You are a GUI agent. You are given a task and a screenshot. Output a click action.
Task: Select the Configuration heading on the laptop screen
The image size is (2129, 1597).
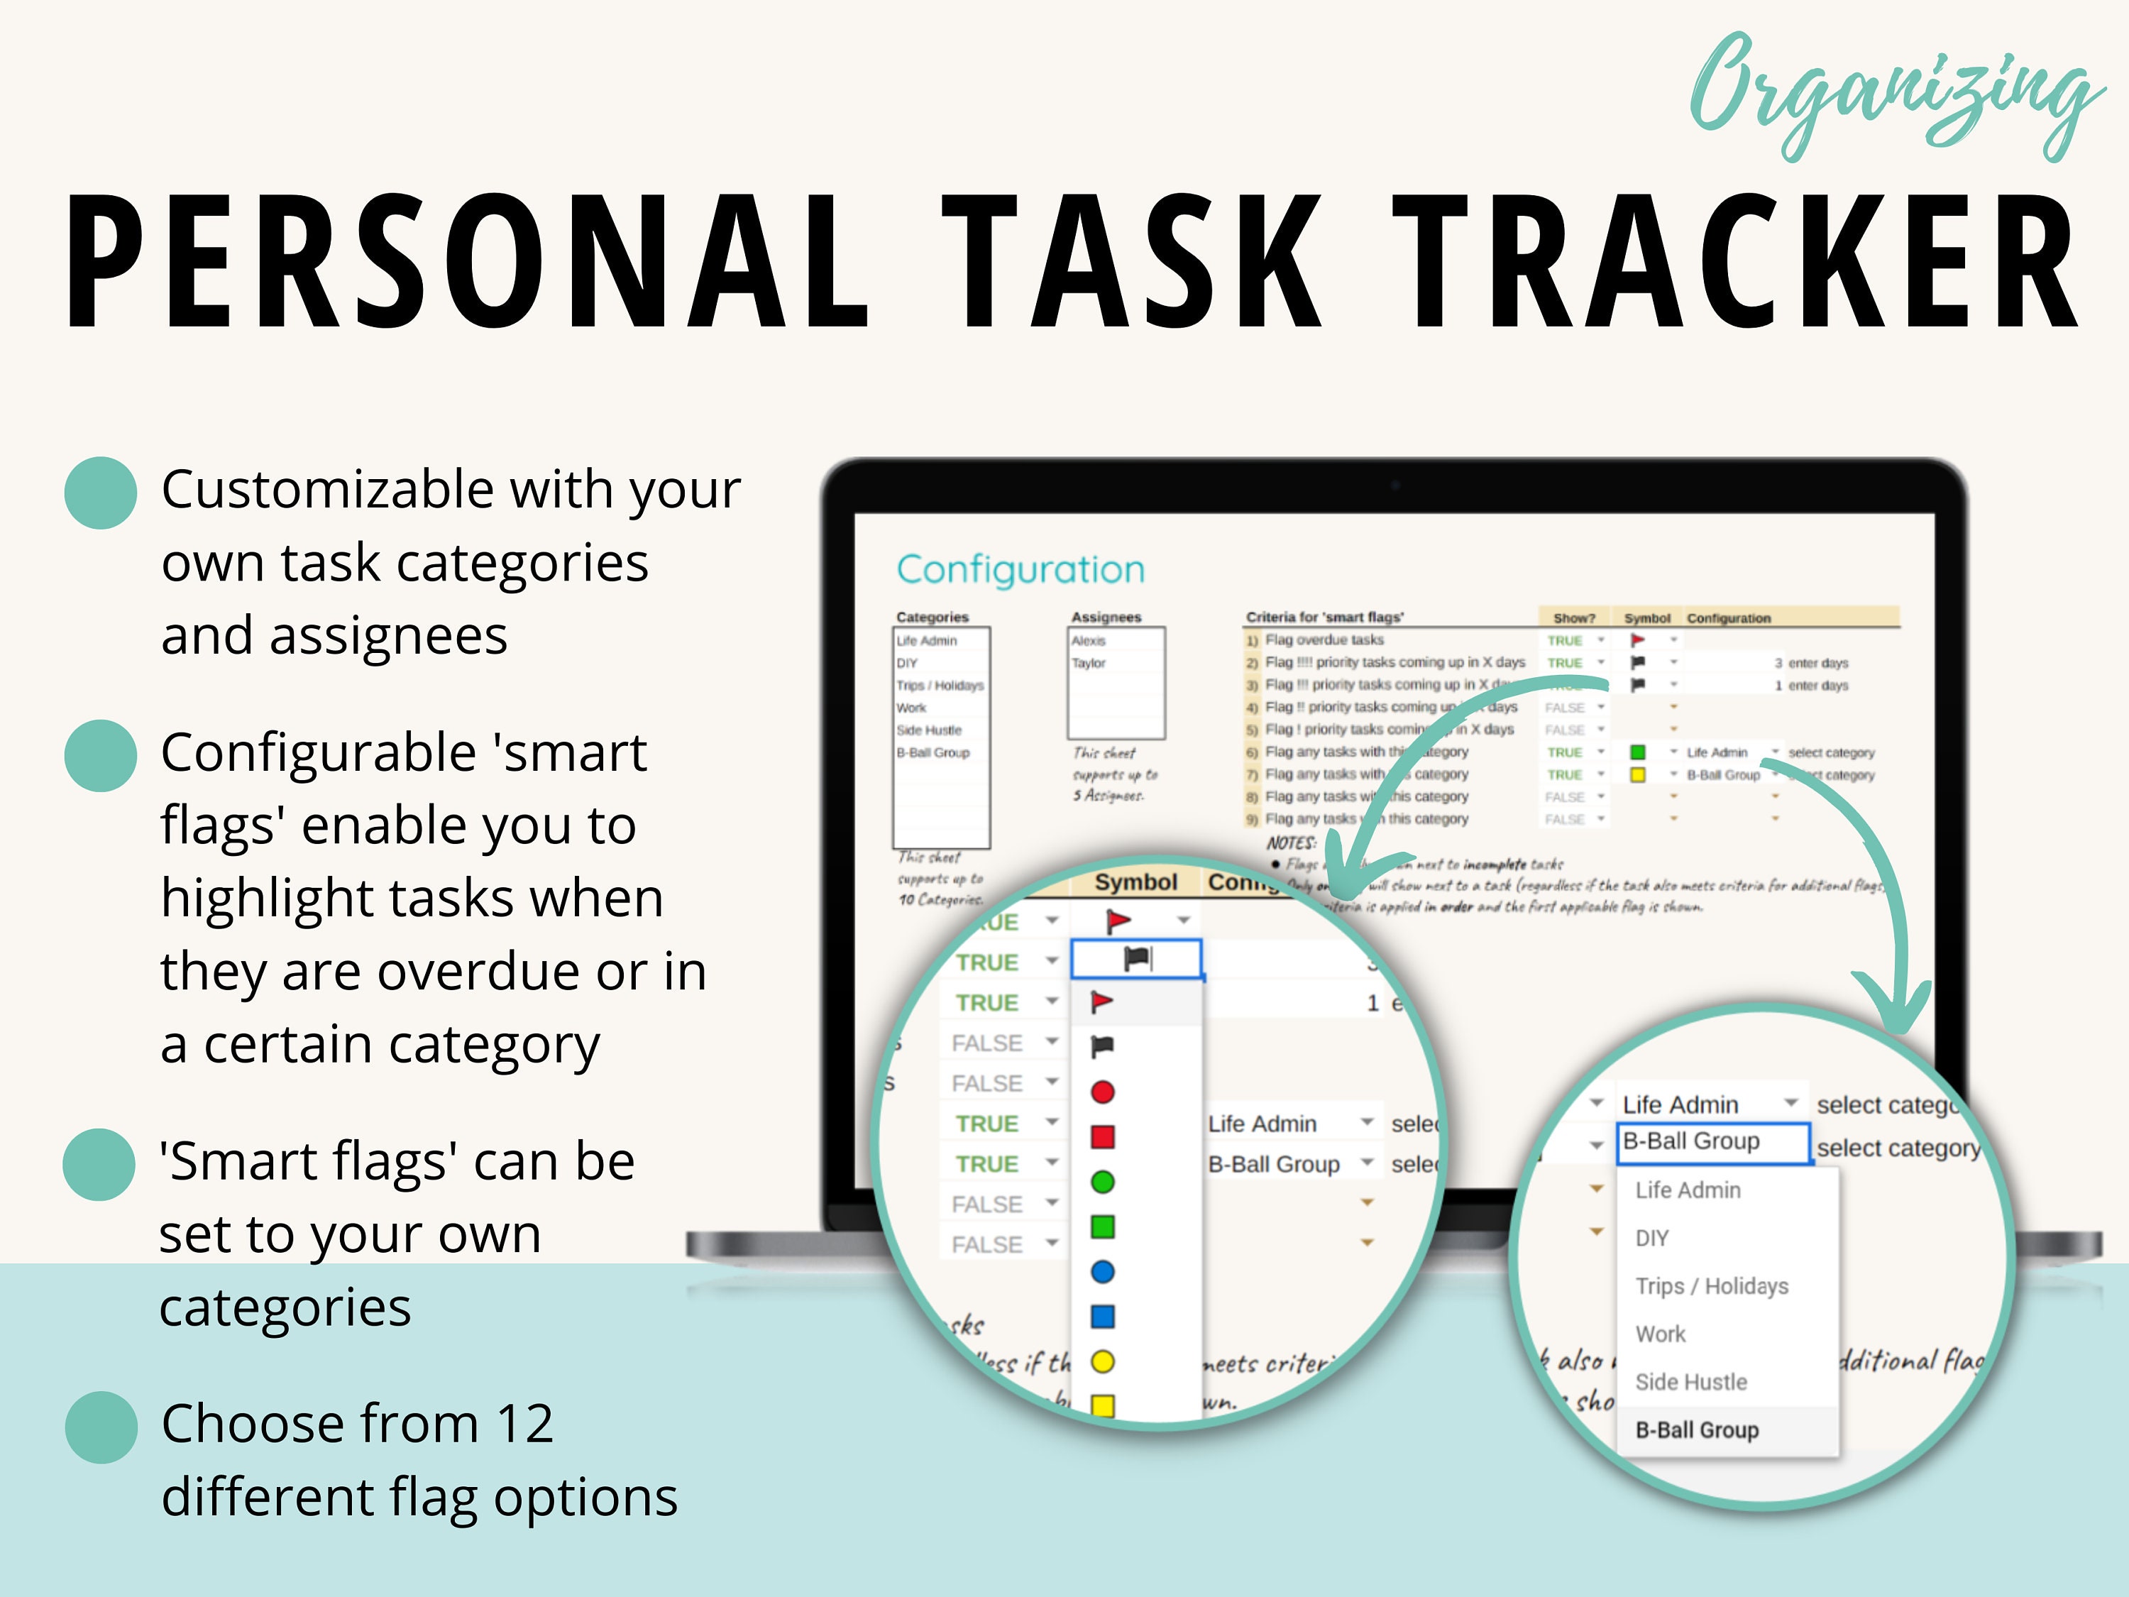click(1021, 570)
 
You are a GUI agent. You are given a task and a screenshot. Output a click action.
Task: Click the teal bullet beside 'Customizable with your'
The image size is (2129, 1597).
click(100, 493)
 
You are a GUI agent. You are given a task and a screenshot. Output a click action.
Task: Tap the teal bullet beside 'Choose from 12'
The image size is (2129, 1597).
click(100, 1427)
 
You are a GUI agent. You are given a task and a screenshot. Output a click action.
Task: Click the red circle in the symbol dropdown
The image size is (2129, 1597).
click(1103, 1092)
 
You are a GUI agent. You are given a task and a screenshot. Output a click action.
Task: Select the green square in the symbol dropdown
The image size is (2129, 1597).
click(1103, 1226)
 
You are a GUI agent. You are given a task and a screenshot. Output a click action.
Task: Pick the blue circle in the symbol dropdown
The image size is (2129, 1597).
click(1103, 1272)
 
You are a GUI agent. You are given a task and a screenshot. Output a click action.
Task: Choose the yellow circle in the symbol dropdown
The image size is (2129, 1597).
click(1103, 1362)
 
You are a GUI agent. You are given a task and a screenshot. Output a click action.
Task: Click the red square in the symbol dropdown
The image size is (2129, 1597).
click(1103, 1137)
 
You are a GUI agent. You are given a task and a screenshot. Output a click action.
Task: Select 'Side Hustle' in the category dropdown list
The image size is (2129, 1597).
click(1691, 1383)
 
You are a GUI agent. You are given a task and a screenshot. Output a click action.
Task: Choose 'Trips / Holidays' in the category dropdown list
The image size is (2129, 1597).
click(1711, 1286)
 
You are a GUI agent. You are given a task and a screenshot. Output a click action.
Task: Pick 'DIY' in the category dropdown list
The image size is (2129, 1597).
click(1651, 1238)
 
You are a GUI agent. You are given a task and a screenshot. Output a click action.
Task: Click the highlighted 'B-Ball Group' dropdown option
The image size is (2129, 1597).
click(1697, 1430)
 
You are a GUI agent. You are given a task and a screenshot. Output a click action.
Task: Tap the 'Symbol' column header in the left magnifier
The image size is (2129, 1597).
click(1135, 883)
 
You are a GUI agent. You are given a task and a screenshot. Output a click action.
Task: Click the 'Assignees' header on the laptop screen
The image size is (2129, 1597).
click(1106, 617)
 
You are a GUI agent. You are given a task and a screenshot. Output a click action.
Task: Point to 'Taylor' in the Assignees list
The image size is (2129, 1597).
click(1089, 663)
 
